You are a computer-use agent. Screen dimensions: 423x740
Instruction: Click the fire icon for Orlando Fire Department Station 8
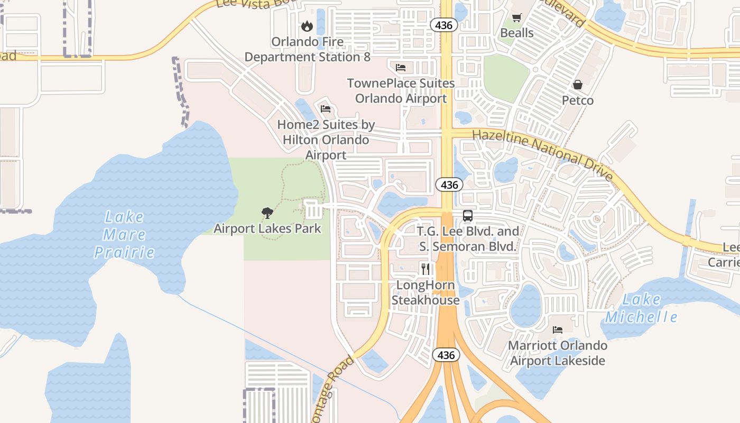pyautogui.click(x=307, y=26)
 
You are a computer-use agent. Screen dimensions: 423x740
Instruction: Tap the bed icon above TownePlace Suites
pyautogui.click(x=401, y=68)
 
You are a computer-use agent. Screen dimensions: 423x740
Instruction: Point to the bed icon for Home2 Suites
pyautogui.click(x=326, y=109)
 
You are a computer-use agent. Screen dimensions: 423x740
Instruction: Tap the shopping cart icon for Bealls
pyautogui.click(x=517, y=17)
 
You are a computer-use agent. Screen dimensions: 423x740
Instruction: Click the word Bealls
pyautogui.click(x=517, y=33)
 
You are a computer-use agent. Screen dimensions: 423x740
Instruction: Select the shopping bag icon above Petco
pyautogui.click(x=578, y=85)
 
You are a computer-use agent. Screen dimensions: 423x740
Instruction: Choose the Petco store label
pyautogui.click(x=578, y=100)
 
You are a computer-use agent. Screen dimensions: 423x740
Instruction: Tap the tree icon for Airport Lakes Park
pyautogui.click(x=267, y=213)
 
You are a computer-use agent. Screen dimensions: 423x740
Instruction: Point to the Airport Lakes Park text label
pyautogui.click(x=267, y=228)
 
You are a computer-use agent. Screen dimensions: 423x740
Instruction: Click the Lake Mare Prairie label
pyautogui.click(x=124, y=234)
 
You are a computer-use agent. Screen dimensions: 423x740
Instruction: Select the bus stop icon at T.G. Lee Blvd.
pyautogui.click(x=468, y=216)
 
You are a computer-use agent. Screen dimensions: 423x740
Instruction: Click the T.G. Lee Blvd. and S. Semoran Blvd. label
pyautogui.click(x=468, y=239)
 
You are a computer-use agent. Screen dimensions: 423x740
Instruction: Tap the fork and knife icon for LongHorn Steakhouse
pyautogui.click(x=425, y=269)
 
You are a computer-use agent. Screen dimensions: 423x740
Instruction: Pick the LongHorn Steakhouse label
pyautogui.click(x=425, y=292)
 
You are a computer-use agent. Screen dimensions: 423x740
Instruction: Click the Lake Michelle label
pyautogui.click(x=641, y=308)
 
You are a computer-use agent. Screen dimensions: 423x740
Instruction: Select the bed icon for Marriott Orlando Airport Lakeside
pyautogui.click(x=558, y=330)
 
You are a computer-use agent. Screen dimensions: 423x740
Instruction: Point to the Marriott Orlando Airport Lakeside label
pyautogui.click(x=558, y=353)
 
